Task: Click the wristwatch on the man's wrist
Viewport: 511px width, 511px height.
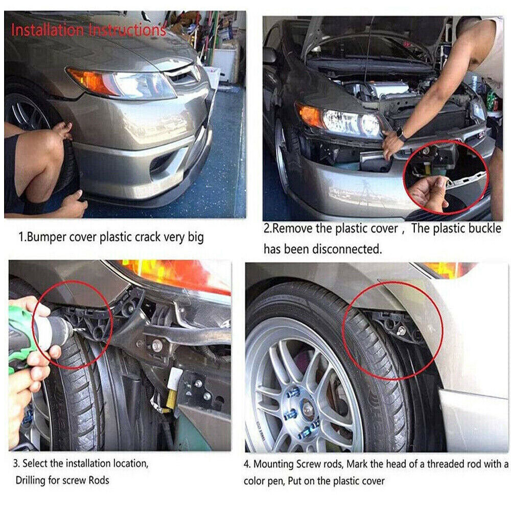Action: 402,135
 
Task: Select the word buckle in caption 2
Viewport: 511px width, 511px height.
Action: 484,228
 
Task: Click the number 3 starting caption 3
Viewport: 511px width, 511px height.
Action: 16,464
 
